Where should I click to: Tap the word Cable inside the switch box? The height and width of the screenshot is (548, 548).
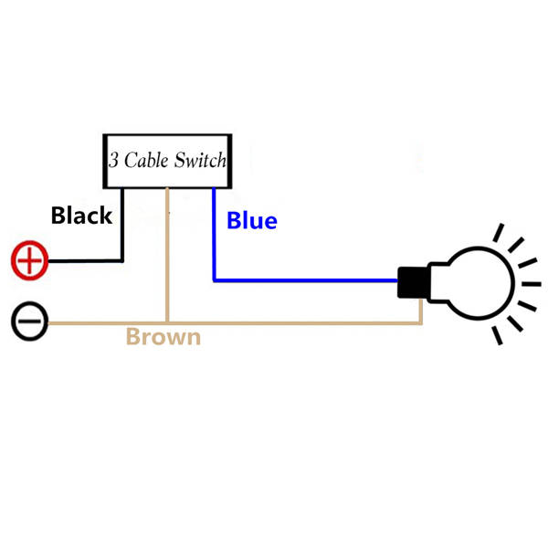point(148,161)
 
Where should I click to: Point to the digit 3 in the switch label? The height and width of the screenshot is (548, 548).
point(113,161)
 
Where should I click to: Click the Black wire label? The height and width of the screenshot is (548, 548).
point(81,216)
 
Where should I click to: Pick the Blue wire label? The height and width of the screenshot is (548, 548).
point(251,220)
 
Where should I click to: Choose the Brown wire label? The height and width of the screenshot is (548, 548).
point(163,337)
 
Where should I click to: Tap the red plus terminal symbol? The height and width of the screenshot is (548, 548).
point(30,261)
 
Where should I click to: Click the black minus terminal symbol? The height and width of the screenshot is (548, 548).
point(30,322)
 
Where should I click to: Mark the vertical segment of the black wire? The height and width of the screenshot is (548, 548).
point(121,224)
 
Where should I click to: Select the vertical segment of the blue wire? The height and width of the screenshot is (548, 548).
point(214,234)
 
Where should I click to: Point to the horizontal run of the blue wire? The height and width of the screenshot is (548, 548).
point(306,279)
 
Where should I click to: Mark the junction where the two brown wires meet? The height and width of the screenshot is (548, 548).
point(167,322)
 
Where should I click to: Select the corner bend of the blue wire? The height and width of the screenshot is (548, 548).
point(214,279)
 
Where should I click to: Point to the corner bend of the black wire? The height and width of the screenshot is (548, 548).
point(121,261)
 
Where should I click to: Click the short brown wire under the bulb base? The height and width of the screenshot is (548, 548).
point(421,311)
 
